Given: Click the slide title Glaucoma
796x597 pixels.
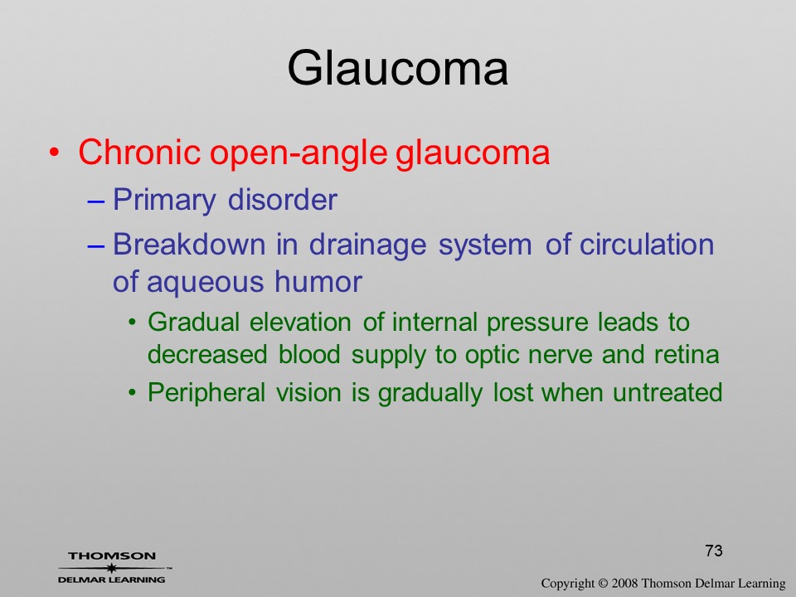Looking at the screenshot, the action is coord(397,68).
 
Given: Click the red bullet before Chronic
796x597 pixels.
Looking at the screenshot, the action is coord(55,152).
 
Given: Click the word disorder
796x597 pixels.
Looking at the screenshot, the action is coord(282,199).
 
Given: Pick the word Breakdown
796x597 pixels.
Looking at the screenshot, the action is coord(189,244).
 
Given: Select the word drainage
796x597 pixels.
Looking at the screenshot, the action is coord(367,246).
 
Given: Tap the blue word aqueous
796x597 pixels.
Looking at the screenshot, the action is coord(205,284).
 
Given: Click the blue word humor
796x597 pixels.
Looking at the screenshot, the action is coord(318,281).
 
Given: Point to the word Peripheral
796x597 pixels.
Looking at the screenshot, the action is coord(206,393).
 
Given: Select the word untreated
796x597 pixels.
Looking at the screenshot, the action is coord(667,392).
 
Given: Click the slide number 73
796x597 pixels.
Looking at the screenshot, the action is coord(714,551).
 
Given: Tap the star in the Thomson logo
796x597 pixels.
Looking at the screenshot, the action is coord(111,568).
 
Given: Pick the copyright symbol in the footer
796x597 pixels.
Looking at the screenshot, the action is coord(603,583).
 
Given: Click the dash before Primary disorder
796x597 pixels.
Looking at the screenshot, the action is coord(96,201).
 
